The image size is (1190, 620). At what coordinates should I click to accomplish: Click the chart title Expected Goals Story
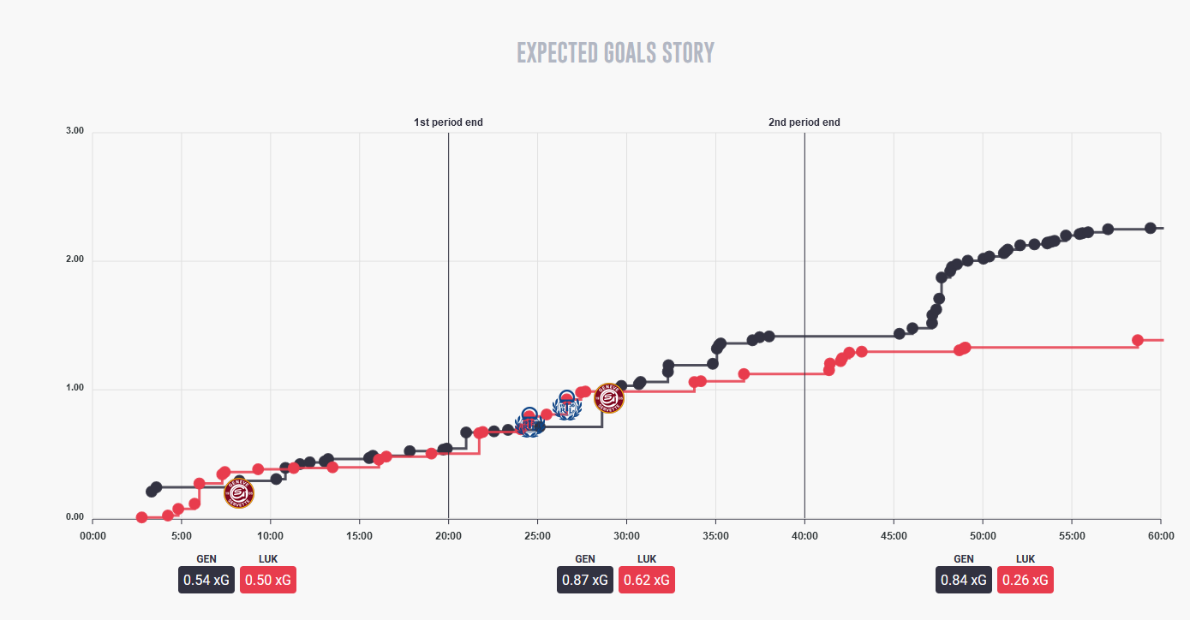615,53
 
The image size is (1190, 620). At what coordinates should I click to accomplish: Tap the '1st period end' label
448,122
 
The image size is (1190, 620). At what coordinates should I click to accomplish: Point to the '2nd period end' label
804,122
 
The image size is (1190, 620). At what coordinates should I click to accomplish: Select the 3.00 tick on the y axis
75,131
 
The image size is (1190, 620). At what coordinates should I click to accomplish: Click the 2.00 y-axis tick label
75,260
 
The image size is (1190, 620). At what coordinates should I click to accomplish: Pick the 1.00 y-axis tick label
75,389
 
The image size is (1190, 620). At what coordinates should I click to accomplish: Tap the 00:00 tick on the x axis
93,536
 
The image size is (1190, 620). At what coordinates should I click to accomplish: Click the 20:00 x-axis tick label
448,536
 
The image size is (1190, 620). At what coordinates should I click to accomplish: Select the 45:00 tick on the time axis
894,536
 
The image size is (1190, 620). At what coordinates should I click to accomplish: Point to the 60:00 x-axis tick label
1160,536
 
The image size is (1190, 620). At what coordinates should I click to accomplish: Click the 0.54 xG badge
206,580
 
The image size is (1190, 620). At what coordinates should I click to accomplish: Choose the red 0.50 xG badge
268,580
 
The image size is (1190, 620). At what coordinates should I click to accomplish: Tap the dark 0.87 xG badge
585,580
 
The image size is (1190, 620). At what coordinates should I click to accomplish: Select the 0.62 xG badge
647,580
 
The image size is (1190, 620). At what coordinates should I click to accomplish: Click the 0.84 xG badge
964,580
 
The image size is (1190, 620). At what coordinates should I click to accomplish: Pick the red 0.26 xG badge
1026,580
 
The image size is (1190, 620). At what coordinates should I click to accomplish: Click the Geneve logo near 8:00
239,492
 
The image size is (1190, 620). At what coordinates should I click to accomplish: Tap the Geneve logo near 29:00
609,398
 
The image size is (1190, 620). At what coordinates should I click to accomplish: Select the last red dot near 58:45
1138,340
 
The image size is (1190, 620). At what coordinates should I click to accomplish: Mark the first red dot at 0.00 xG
142,517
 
